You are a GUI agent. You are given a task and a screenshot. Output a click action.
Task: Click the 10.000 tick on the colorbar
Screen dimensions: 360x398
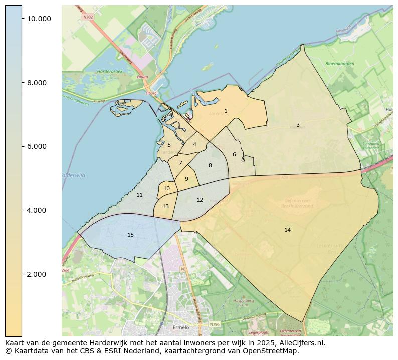pyautogui.click(x=39, y=19)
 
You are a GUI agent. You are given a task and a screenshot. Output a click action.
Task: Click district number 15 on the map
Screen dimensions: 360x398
pyautogui.click(x=130, y=235)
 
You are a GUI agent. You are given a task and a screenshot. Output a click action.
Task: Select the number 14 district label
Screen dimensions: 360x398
pyautogui.click(x=287, y=230)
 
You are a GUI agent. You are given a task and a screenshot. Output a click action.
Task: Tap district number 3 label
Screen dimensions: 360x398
pyautogui.click(x=298, y=125)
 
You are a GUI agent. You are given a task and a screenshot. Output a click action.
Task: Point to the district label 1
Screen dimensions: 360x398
pyautogui.click(x=226, y=111)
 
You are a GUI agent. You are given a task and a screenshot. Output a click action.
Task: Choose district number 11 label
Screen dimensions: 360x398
pyautogui.click(x=139, y=195)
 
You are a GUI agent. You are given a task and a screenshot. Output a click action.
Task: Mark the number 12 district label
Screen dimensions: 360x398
pyautogui.click(x=200, y=200)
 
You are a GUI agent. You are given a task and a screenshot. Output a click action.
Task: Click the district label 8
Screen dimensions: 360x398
pyautogui.click(x=210, y=165)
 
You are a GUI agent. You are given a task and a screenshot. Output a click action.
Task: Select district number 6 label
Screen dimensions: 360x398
pyautogui.click(x=234, y=154)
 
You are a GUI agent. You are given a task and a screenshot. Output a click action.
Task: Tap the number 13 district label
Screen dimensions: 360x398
pyautogui.click(x=165, y=206)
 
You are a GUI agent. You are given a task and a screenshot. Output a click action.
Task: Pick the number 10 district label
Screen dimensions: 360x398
pyautogui.click(x=167, y=188)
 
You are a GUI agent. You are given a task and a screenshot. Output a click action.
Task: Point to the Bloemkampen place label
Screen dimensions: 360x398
pyautogui.click(x=339, y=64)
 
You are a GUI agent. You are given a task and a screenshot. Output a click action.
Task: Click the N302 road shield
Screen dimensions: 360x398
pyautogui.click(x=88, y=17)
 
